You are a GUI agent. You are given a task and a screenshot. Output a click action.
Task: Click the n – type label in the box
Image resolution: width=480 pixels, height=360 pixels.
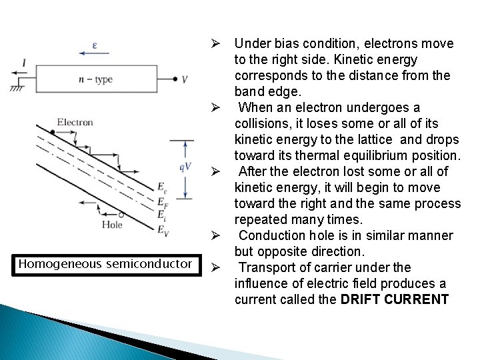coord(95,79)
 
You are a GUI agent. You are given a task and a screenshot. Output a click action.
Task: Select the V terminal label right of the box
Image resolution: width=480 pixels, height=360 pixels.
coord(185,79)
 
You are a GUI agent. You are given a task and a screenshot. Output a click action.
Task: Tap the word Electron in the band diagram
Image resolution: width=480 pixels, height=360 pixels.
coord(75,122)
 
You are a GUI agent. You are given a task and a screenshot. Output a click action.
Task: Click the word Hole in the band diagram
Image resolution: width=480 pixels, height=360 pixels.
coord(113,225)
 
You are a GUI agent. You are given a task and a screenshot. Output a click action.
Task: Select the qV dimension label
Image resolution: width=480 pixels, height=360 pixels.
coord(184,167)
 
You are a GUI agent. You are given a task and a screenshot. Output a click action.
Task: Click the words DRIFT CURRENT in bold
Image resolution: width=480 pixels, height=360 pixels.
coord(395,299)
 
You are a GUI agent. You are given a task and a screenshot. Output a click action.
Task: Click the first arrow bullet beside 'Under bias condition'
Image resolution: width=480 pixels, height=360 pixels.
coord(215,44)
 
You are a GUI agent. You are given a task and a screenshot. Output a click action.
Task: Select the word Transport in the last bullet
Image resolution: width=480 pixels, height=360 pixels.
coord(266,267)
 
